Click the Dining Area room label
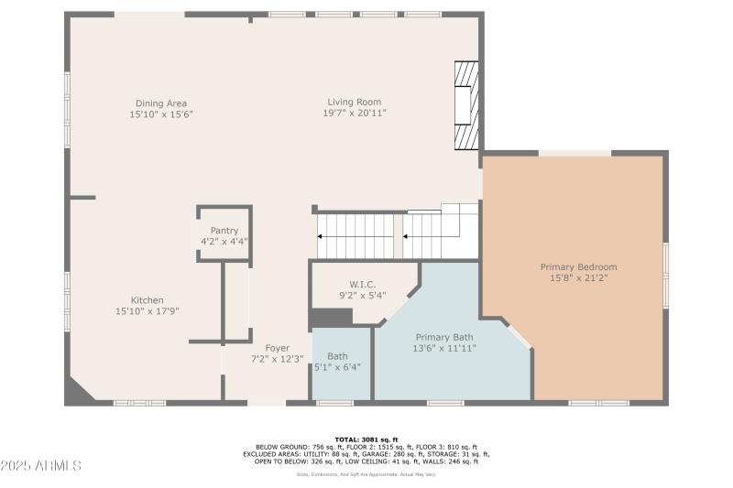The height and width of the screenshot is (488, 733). point(161,103)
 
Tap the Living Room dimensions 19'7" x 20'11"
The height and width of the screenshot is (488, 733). point(354,113)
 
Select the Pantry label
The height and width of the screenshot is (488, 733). point(224,231)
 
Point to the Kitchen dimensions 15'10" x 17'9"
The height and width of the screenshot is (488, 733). point(148,311)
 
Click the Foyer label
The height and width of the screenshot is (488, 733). point(278,348)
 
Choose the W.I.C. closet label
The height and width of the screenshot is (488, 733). point(362,284)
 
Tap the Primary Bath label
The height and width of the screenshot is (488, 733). point(444,337)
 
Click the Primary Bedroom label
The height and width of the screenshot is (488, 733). point(577,266)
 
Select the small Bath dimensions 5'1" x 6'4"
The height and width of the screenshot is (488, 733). point(337,367)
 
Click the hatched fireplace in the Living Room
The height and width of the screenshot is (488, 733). point(467,105)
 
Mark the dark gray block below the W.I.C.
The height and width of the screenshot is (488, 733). point(331,317)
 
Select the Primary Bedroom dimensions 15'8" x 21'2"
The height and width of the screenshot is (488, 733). point(577,277)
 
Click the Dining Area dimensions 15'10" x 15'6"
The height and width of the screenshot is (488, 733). point(161,114)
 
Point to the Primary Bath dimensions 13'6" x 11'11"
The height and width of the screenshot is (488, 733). point(444,348)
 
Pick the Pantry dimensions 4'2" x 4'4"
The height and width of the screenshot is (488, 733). point(224,242)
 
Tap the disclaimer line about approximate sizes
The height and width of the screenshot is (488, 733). point(366,473)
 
